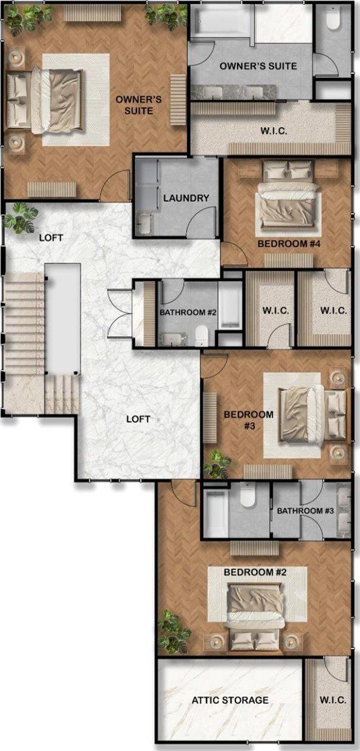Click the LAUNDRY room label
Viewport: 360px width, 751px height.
click(x=186, y=198)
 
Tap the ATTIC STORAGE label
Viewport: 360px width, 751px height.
click(x=230, y=700)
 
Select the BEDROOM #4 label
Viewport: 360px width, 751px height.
click(x=289, y=244)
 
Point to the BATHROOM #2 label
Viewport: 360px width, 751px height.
click(x=188, y=313)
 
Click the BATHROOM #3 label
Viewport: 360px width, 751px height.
click(x=305, y=511)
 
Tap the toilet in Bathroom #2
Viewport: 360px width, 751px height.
click(x=202, y=335)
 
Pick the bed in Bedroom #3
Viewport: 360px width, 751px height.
click(x=313, y=414)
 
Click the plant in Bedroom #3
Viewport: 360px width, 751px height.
click(x=217, y=465)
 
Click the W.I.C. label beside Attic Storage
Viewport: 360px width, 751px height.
click(x=333, y=699)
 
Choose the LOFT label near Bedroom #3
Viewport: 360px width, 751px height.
click(x=138, y=419)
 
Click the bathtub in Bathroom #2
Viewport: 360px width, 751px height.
click(x=230, y=305)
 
